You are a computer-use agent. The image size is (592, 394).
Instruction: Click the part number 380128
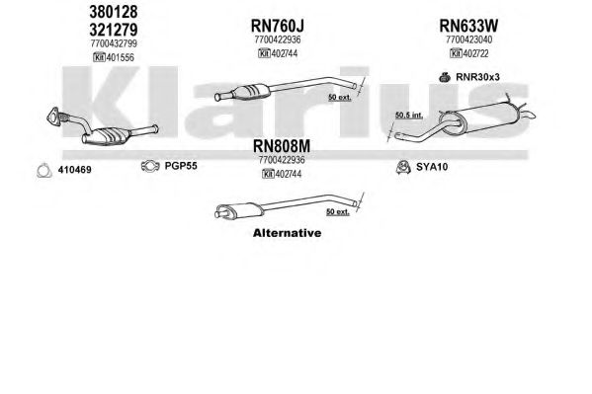click(x=114, y=12)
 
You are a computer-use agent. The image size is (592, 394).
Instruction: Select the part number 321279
click(x=114, y=30)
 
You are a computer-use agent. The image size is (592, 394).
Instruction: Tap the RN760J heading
click(x=277, y=26)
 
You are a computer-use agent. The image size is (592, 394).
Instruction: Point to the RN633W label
click(x=468, y=26)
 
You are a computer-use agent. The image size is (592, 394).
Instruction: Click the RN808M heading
click(x=282, y=146)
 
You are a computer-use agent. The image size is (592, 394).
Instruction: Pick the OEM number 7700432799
click(x=114, y=43)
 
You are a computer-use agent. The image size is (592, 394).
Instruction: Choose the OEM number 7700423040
click(x=468, y=39)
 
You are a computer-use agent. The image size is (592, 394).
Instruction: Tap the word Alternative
click(x=287, y=233)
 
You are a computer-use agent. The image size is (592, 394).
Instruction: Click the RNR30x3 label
click(x=477, y=77)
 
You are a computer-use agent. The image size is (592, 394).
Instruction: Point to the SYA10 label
click(x=432, y=167)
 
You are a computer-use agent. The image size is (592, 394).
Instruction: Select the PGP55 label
click(x=181, y=166)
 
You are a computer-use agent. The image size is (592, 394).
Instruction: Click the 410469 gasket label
click(x=74, y=170)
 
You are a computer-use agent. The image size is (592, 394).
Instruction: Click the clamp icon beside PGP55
click(x=150, y=166)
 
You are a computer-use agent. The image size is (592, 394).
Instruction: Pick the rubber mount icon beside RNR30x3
click(x=445, y=77)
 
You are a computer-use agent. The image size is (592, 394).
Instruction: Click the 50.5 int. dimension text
click(x=409, y=116)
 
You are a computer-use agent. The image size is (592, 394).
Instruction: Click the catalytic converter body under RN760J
click(x=252, y=92)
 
